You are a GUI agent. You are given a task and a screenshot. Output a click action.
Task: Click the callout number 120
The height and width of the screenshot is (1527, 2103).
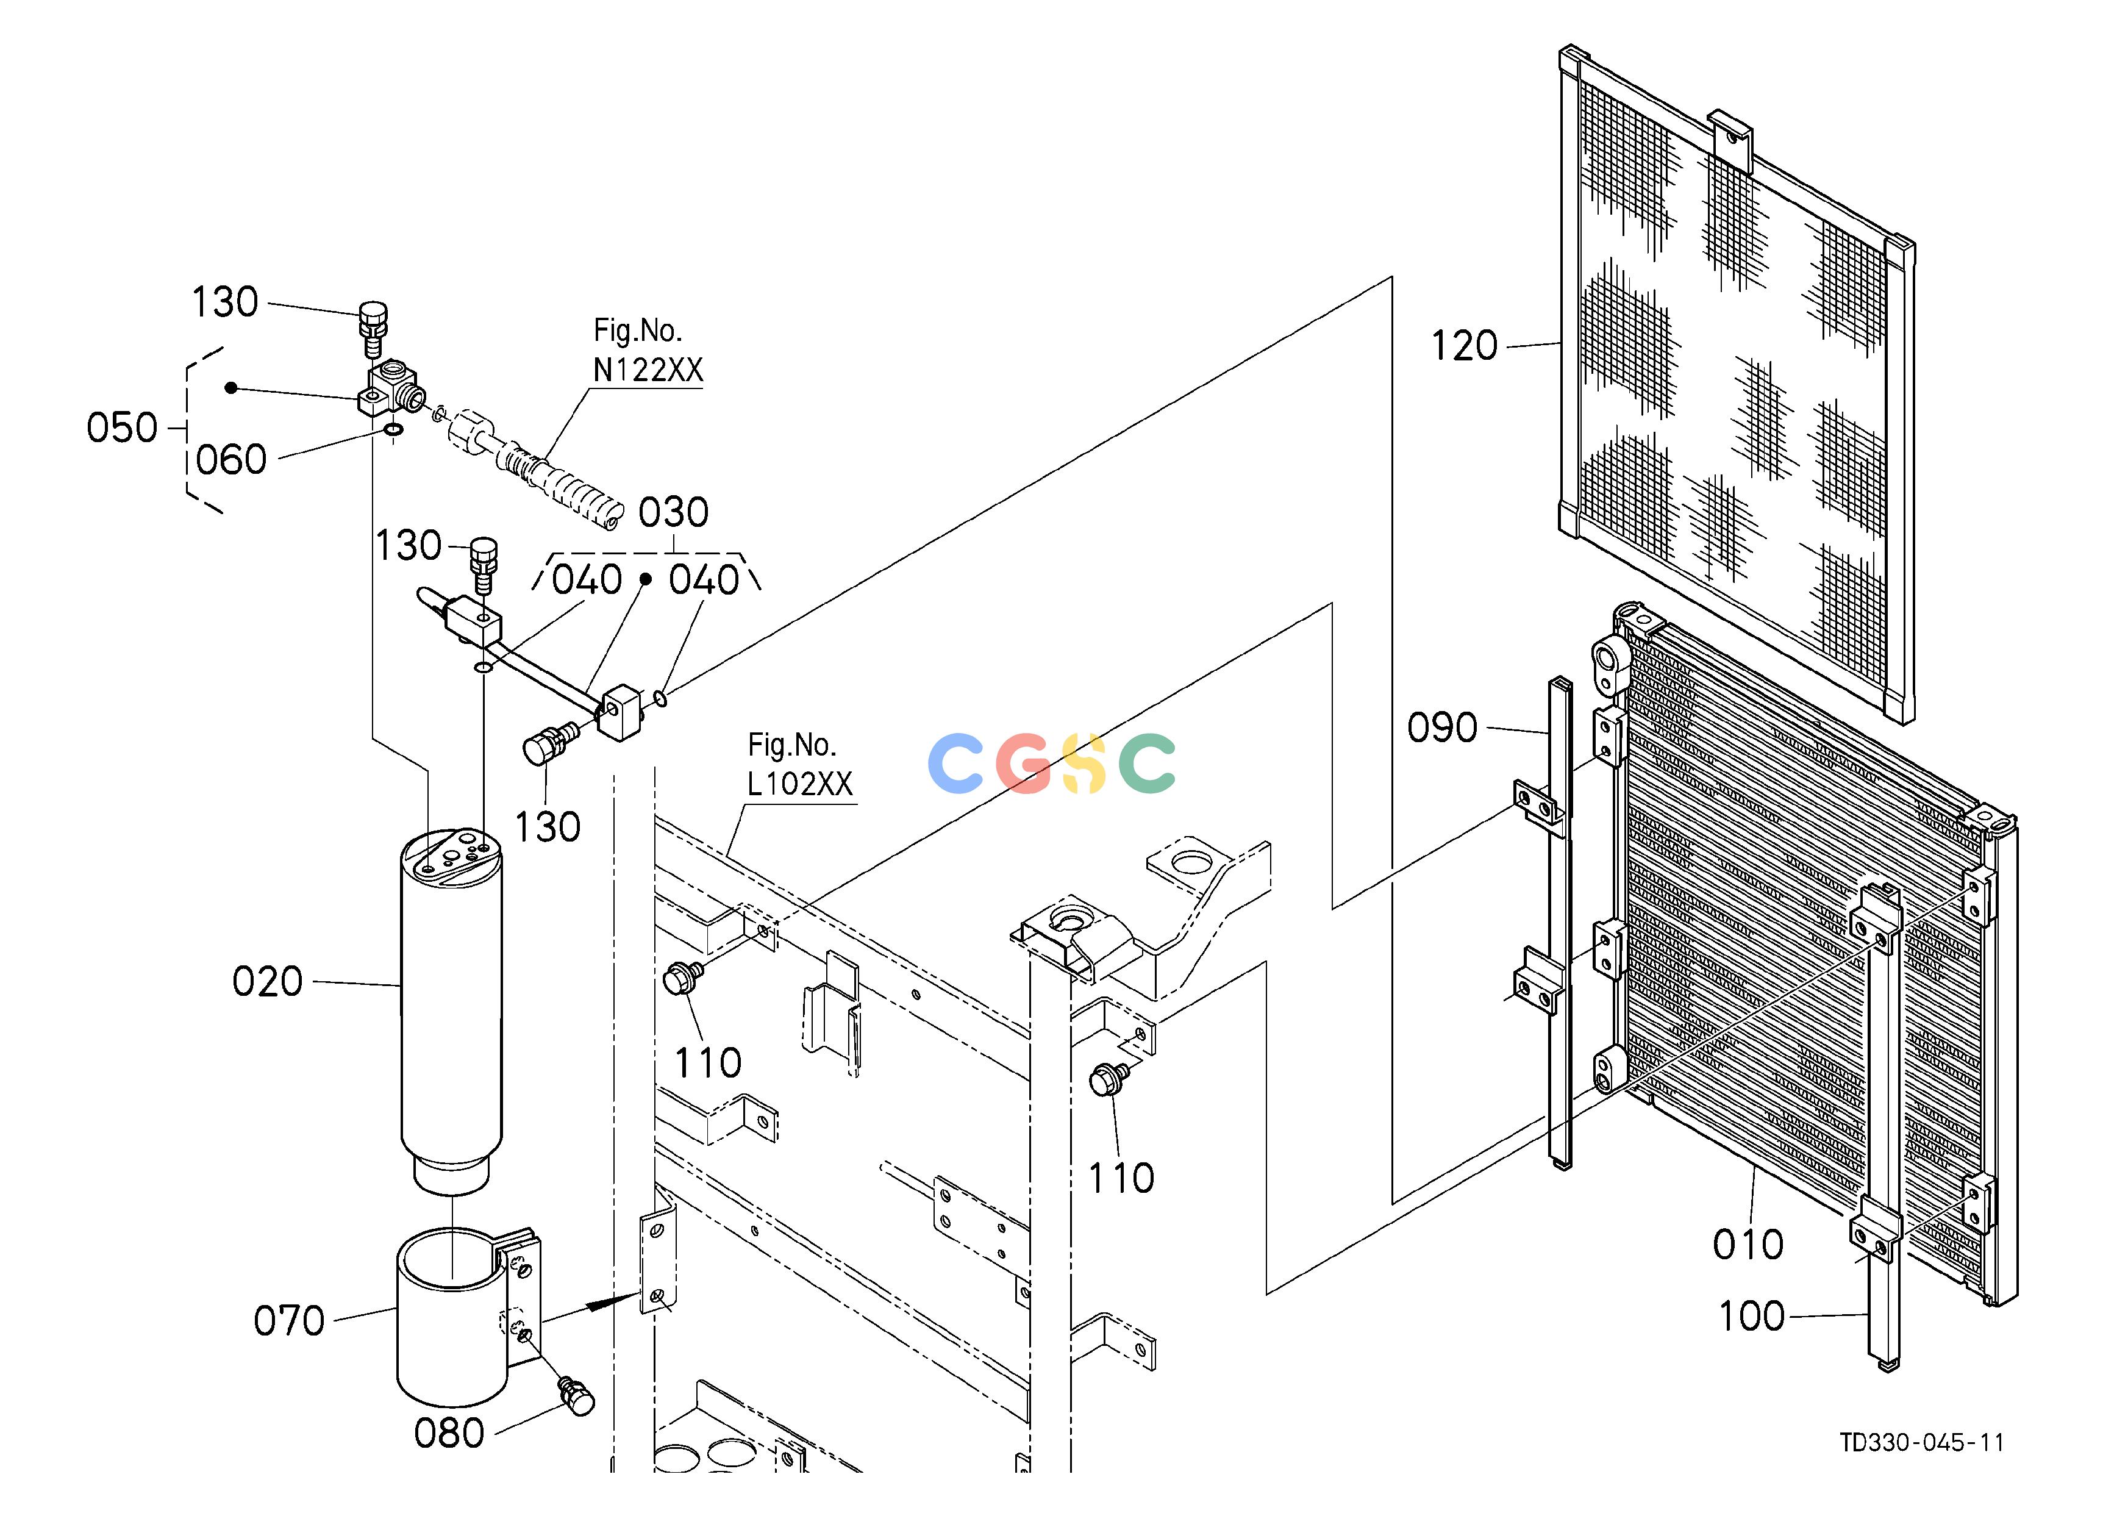point(1464,346)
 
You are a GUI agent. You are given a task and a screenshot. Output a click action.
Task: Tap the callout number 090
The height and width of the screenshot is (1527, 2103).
point(1442,728)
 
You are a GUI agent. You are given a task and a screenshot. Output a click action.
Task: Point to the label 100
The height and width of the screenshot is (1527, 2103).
point(1752,1315)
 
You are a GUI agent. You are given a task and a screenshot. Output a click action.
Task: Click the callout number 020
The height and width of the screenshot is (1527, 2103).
point(267,982)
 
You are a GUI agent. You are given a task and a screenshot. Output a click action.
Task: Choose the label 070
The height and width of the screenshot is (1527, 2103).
point(288,1321)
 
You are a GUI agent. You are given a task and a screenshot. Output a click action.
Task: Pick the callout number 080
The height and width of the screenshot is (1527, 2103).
point(449,1433)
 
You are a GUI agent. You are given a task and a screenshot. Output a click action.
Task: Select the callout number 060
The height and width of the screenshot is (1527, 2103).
point(231,460)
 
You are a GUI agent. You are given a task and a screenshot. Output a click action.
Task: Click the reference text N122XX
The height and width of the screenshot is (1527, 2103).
point(648,371)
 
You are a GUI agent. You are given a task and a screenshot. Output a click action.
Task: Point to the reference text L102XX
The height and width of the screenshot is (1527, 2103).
point(799,784)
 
